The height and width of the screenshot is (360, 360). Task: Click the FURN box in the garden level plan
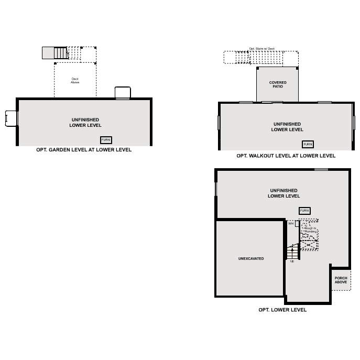click(106, 140)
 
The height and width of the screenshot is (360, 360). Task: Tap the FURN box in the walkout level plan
click(308, 144)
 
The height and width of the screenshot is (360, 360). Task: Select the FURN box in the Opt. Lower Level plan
click(304, 211)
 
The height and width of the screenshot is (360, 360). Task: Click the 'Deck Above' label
click(75, 81)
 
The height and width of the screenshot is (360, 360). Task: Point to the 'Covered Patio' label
click(278, 84)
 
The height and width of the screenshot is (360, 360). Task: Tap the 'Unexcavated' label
click(251, 259)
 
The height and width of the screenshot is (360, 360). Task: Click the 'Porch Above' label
click(341, 280)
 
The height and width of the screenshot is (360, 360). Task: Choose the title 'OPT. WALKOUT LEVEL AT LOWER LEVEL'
click(286, 156)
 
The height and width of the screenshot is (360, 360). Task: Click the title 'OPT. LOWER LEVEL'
click(282, 310)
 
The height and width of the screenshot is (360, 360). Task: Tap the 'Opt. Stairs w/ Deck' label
click(261, 48)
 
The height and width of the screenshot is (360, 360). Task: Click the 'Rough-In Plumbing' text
click(310, 230)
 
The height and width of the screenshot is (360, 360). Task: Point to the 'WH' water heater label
click(291, 223)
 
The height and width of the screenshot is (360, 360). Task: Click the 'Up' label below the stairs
click(292, 261)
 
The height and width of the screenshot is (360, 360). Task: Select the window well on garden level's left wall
click(10, 118)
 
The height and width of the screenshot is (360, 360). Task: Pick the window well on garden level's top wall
click(122, 93)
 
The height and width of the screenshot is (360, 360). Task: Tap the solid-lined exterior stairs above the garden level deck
click(56, 53)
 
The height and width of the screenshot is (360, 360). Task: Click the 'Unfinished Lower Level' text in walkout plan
click(287, 127)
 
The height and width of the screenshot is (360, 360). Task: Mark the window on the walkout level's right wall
click(354, 122)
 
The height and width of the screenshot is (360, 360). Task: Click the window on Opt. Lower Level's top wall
click(321, 169)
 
